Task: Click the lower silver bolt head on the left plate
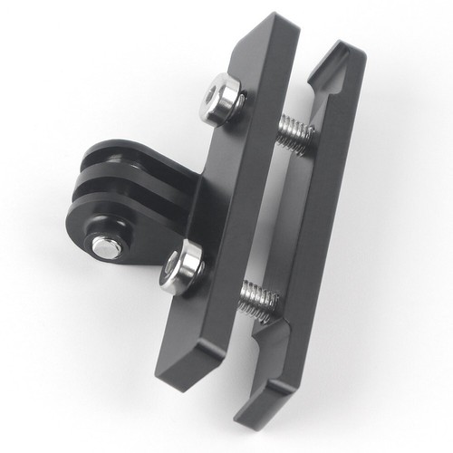pos(182,269)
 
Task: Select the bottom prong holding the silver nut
pos(109,236)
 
